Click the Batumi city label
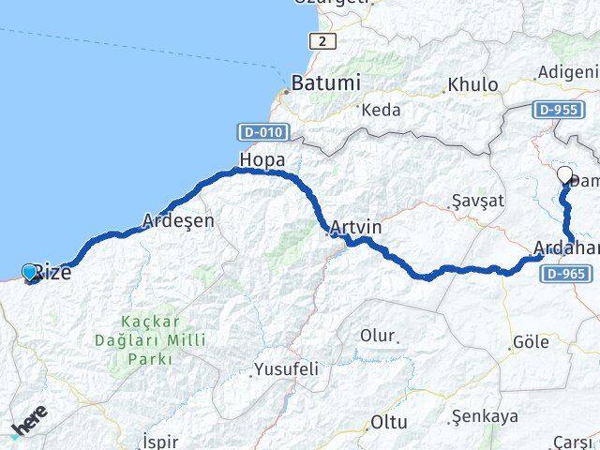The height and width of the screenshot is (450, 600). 325,82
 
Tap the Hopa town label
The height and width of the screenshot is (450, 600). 262,159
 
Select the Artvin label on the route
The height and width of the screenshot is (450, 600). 356,227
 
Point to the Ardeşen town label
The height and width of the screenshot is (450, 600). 178,221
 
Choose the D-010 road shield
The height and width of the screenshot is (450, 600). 263,132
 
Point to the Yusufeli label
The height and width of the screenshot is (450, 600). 286,369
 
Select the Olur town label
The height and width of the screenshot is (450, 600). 379,335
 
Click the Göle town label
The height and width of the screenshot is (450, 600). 531,342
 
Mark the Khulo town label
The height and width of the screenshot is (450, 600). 472,84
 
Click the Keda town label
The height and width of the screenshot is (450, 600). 381,110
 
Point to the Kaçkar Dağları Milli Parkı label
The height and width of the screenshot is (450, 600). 150,339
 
